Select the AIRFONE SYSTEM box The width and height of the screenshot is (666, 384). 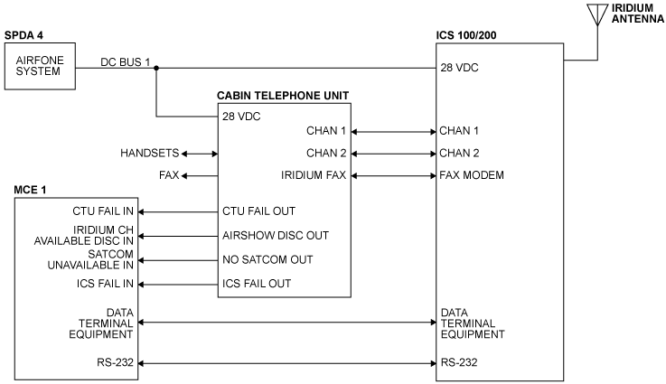tap(37, 69)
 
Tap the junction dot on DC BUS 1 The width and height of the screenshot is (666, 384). tap(156, 68)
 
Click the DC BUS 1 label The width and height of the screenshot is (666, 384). tap(126, 61)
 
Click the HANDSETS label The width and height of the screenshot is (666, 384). tap(149, 154)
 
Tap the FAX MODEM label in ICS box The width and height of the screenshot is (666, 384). tap(472, 175)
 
